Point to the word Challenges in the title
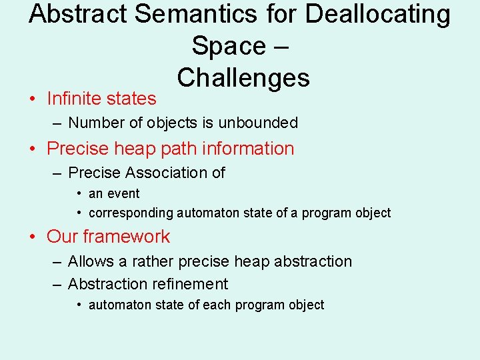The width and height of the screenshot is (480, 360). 243,78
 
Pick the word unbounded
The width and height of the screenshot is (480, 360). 261,123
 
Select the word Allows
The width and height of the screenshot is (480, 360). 91,261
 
